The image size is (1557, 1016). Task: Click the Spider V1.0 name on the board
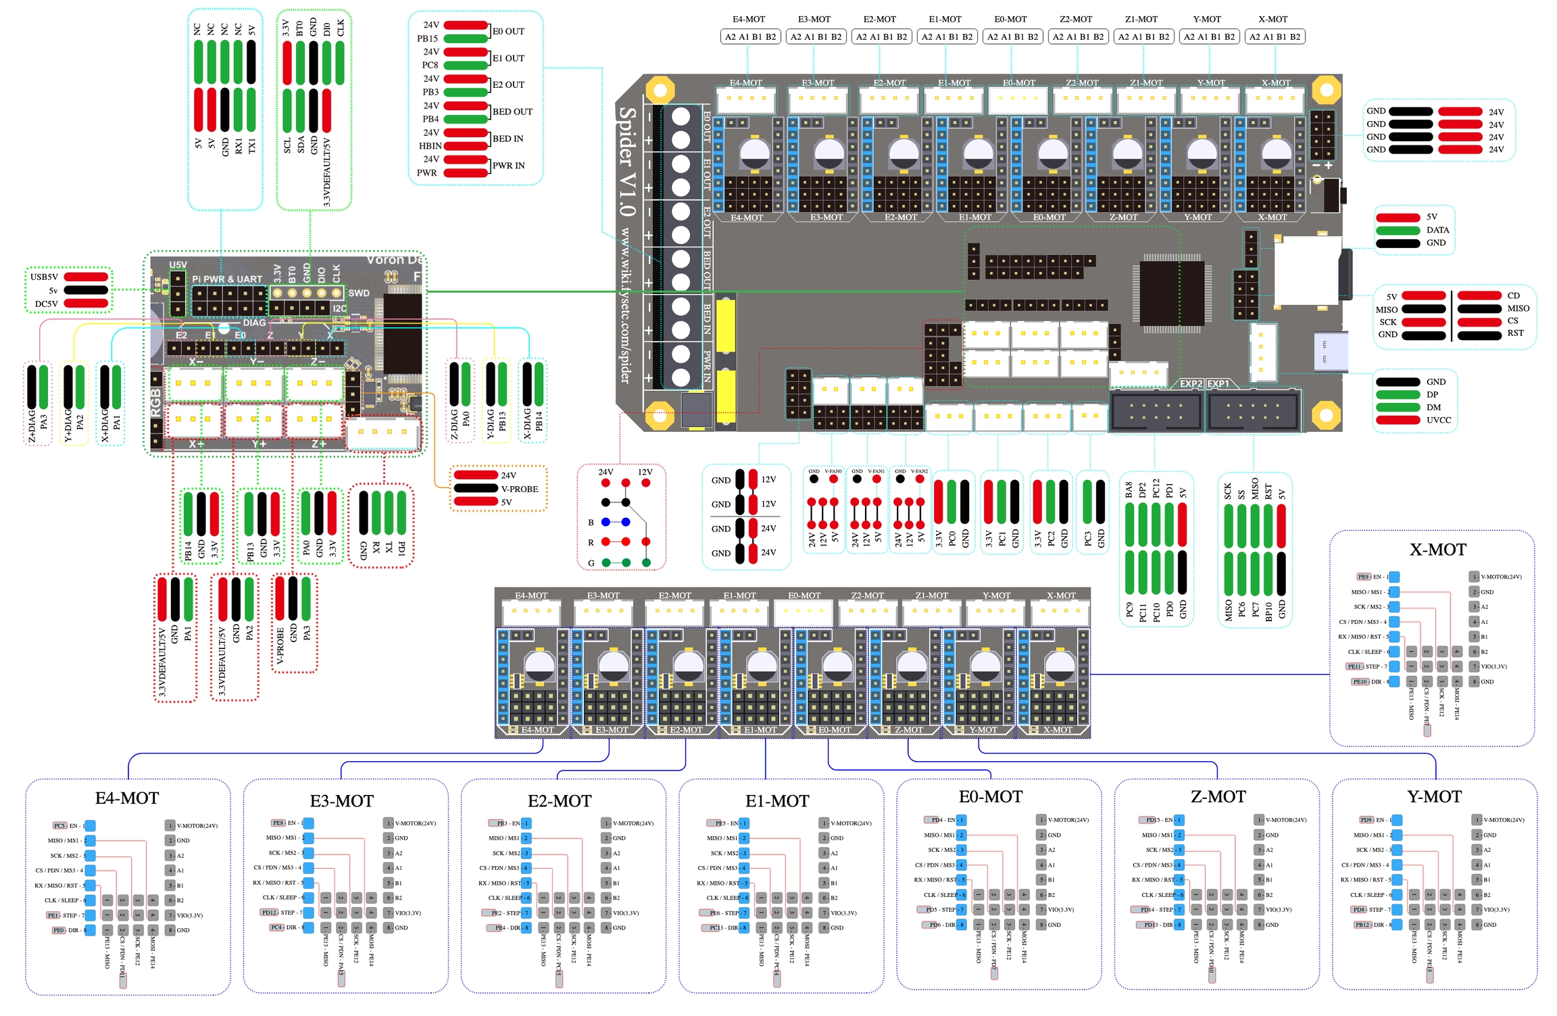pos(627,162)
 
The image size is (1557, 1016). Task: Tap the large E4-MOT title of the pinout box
pos(127,798)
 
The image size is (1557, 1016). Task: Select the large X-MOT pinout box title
pos(1437,550)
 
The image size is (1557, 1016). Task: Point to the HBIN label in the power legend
pos(430,146)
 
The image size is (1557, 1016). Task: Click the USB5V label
pos(44,277)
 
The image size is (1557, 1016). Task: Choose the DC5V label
pos(46,304)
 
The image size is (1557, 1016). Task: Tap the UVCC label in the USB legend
pos(1439,420)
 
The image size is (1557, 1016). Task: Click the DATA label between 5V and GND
pos(1437,230)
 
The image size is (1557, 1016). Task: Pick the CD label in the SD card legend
pos(1513,295)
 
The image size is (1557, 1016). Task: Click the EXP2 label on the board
pos(1191,384)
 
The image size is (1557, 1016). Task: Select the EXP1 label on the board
pos(1218,384)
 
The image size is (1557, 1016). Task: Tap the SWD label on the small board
pos(358,293)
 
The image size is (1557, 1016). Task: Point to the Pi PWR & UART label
pos(227,279)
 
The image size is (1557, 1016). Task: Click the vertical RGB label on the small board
pos(155,402)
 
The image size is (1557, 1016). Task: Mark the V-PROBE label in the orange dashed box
pos(519,489)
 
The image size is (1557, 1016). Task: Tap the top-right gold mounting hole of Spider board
pos(1326,90)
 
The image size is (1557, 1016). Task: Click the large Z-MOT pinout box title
pos(1218,796)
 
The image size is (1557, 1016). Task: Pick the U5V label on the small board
pos(178,265)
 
